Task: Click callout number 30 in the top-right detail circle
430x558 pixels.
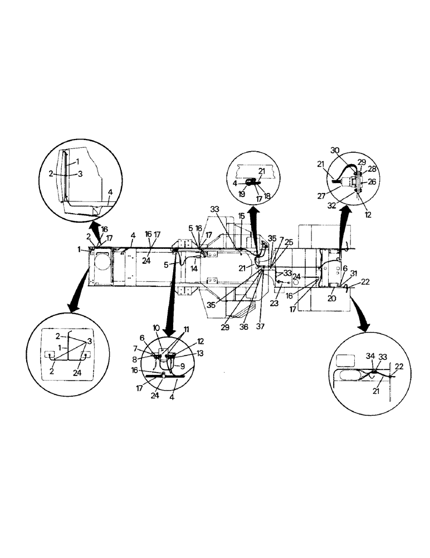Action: coord(335,151)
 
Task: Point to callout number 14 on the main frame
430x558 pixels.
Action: coord(194,268)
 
